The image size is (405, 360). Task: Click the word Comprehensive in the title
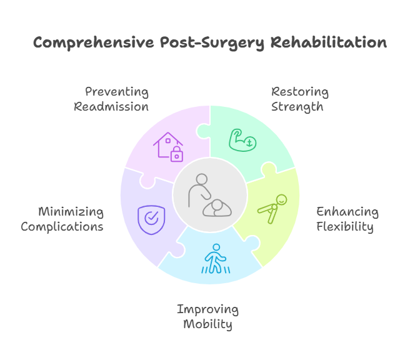pyautogui.click(x=94, y=43)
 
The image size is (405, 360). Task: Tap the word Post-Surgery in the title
pyautogui.click(x=212, y=43)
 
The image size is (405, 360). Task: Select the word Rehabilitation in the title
pyautogui.click(x=329, y=42)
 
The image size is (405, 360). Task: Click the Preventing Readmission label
pyautogui.click(x=111, y=99)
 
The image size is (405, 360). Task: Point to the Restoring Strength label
pyautogui.click(x=300, y=99)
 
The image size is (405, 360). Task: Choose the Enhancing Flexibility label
pyautogui.click(x=347, y=219)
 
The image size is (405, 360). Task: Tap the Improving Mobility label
pyautogui.click(x=207, y=317)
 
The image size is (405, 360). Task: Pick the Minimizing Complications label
pyautogui.click(x=62, y=219)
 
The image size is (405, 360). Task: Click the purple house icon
pyautogui.click(x=168, y=147)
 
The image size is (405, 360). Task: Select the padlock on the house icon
pyautogui.click(x=177, y=154)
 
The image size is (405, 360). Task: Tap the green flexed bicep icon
pyautogui.click(x=242, y=140)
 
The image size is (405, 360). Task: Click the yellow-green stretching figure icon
pyautogui.click(x=272, y=209)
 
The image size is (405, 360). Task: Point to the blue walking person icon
pyautogui.click(x=216, y=259)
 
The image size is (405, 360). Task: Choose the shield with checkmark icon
pyautogui.click(x=151, y=220)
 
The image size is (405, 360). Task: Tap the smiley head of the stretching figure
pyautogui.click(x=281, y=200)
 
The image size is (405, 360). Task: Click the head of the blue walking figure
pyautogui.click(x=216, y=247)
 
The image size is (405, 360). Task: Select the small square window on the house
pyautogui.click(x=168, y=141)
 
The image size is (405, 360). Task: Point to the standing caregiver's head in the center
pyautogui.click(x=202, y=179)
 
